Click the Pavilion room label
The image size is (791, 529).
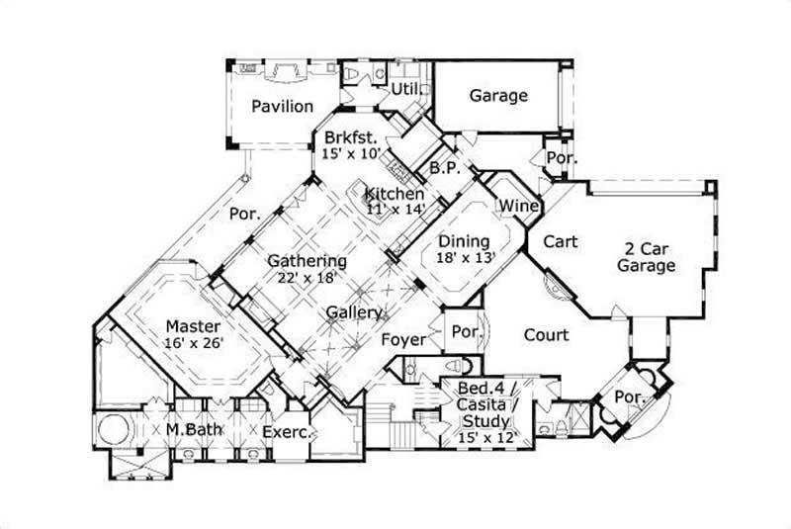282,107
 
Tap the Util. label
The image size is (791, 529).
406,90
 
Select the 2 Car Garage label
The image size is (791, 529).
647,257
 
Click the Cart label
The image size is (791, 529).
560,240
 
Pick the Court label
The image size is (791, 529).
546,335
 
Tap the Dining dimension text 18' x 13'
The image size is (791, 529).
465,257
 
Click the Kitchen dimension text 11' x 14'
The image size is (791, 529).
395,209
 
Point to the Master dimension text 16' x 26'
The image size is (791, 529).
194,342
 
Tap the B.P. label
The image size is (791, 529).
441,168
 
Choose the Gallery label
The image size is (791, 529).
355,312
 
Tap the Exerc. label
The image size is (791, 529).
288,432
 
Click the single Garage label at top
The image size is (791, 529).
497,96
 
